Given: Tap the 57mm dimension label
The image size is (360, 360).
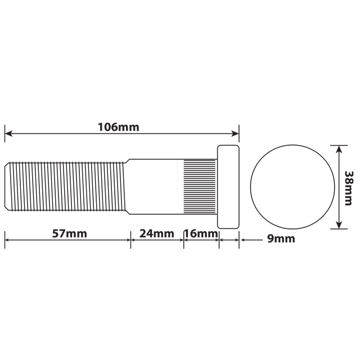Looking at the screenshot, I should click(69, 233).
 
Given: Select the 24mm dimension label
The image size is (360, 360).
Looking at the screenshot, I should click(157, 233).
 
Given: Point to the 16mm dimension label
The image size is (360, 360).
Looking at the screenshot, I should click(201, 233).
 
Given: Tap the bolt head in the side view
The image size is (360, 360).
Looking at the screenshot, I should click(228, 186).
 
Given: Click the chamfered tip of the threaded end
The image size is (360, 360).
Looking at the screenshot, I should click(7, 186).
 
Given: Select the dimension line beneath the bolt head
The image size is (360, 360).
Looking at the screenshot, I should click(228, 240).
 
